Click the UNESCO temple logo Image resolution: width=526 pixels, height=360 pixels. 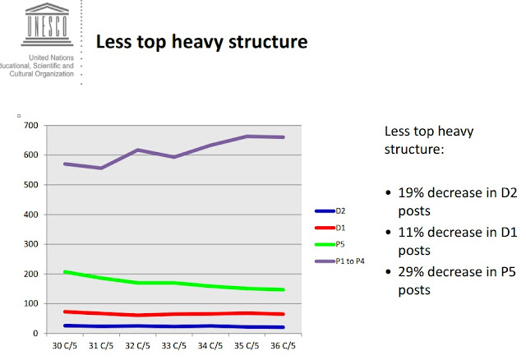click(x=47, y=24)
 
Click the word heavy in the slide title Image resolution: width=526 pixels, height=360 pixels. click(x=197, y=42)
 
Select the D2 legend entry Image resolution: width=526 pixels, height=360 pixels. click(x=330, y=211)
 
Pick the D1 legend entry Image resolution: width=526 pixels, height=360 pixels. click(x=330, y=228)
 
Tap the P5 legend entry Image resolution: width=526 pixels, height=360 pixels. click(x=330, y=244)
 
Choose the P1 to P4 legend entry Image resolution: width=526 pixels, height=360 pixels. click(x=339, y=261)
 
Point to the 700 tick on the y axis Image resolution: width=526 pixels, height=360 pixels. click(x=31, y=126)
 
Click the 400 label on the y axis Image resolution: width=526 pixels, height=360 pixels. click(x=31, y=215)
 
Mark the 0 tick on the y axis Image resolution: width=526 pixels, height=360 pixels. click(x=35, y=334)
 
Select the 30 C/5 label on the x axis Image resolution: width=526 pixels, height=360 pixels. click(x=65, y=345)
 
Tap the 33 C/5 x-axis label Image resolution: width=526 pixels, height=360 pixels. click(x=173, y=345)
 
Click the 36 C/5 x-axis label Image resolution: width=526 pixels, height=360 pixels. click(x=283, y=345)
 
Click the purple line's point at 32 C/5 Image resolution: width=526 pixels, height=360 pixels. click(x=137, y=150)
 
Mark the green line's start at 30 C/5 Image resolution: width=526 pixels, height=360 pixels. click(x=65, y=272)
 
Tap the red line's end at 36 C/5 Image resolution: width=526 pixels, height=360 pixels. click(x=283, y=314)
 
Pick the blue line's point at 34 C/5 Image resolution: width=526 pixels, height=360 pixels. click(x=210, y=325)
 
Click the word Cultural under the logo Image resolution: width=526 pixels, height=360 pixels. click(x=20, y=74)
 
